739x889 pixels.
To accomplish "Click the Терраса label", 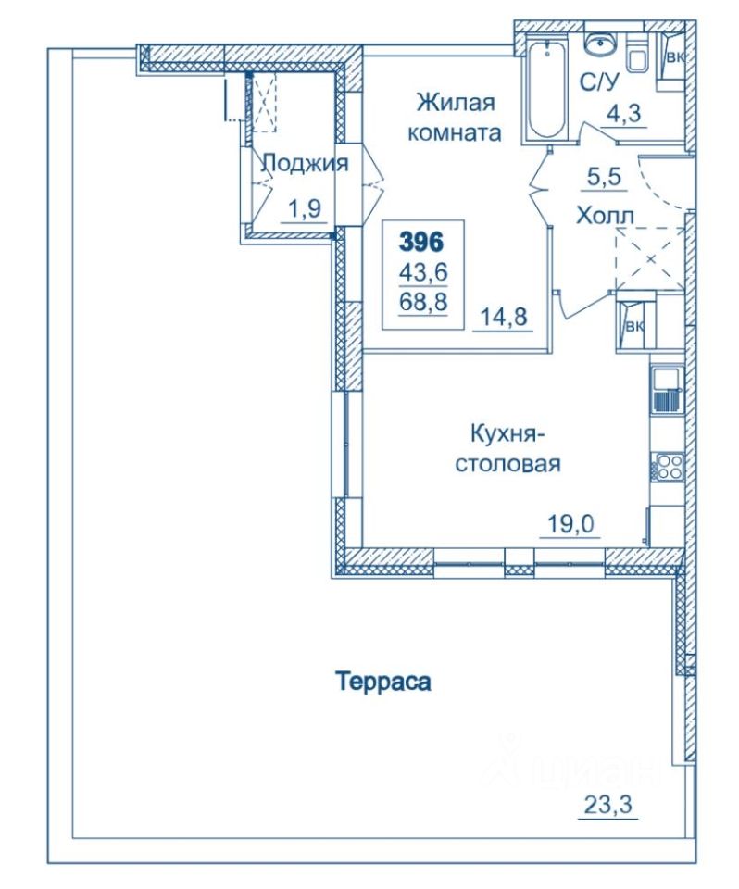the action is point(384,681).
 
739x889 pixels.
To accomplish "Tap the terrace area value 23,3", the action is point(607,804).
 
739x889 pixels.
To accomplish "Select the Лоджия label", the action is point(305,164).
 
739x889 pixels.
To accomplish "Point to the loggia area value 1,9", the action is point(305,208).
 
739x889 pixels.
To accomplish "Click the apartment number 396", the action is point(421,243).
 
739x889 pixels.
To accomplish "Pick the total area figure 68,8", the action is point(423,301).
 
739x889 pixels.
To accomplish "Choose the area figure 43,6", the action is point(423,272).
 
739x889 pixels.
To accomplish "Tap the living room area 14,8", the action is point(504,317).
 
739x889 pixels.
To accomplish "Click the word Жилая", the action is point(456,103).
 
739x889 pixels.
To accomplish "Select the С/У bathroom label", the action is point(598,82).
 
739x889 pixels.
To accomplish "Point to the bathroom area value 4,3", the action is point(624,113).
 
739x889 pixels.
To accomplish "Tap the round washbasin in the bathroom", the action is point(598,44).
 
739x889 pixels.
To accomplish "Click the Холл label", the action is point(605,216).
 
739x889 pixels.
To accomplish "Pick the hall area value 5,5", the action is point(604,177).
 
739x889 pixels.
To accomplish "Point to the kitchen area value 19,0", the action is point(570,524).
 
